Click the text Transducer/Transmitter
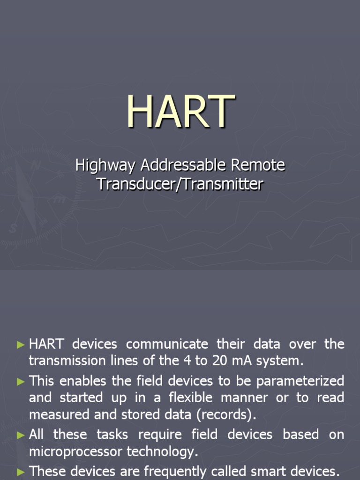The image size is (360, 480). [180, 184]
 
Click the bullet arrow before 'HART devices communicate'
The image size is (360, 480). [20, 345]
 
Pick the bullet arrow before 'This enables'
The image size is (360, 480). [20, 381]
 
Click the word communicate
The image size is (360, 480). [166, 345]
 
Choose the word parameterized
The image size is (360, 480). [295, 381]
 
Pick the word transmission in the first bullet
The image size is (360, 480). [63, 361]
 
